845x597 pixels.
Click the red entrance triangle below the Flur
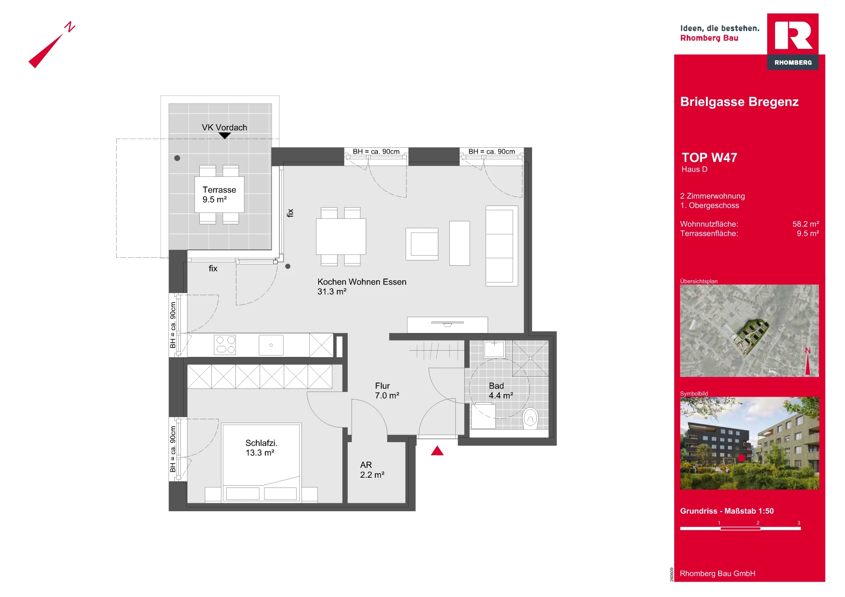point(437,451)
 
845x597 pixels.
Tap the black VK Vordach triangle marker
point(224,136)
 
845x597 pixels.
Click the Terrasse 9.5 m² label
point(219,194)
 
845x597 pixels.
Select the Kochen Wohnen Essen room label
point(362,286)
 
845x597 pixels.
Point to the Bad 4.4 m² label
point(501,391)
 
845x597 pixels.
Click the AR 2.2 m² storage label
point(372,470)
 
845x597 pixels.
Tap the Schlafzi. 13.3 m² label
point(261,448)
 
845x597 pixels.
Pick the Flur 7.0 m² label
point(387,391)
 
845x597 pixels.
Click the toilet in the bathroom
point(530,418)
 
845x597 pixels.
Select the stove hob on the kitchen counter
point(225,345)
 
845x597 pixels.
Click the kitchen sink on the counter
point(271,345)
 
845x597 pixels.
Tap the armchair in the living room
point(422,244)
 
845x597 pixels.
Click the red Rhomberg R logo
point(793,35)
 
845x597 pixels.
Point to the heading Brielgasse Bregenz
point(739,102)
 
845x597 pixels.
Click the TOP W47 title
point(709,157)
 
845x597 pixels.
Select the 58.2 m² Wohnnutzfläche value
point(806,224)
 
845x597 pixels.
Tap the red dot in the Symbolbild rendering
point(742,458)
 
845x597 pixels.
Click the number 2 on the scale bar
point(758,523)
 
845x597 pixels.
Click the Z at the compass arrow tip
point(70,27)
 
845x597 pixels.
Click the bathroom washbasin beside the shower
point(494,349)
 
